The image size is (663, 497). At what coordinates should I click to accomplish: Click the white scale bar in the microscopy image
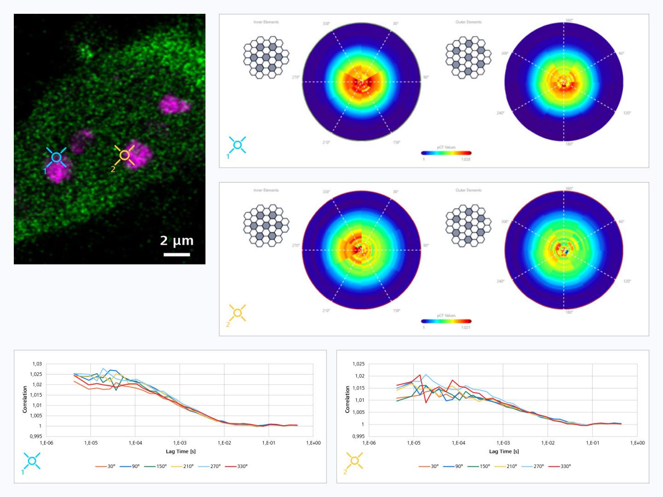[x=177, y=254]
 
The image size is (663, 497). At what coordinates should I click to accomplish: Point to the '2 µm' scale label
[x=177, y=240]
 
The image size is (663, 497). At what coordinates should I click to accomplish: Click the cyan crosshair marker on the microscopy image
[x=56, y=157]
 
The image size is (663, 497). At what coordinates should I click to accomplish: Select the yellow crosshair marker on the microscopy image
[x=124, y=156]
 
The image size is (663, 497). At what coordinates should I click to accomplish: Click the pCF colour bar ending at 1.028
[x=446, y=153]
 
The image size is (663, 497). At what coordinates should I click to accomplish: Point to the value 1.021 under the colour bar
[x=465, y=328]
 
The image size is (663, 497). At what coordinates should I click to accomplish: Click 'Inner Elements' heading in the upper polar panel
[x=266, y=22]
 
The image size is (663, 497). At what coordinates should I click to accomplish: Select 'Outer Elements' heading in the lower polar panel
[x=468, y=190]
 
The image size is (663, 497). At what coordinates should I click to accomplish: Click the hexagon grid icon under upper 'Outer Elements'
[x=468, y=58]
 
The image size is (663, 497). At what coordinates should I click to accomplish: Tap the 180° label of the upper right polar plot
[x=569, y=144]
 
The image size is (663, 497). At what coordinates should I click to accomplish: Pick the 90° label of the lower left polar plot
[x=425, y=246]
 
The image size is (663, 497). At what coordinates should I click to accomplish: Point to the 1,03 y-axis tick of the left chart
[x=37, y=364]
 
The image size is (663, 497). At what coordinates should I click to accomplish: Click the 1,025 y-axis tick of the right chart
[x=359, y=364]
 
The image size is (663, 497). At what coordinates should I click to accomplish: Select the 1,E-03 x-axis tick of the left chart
[x=180, y=443]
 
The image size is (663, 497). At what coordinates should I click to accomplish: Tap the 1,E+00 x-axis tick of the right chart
[x=637, y=443]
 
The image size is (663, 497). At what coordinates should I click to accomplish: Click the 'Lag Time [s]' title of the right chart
[x=504, y=451]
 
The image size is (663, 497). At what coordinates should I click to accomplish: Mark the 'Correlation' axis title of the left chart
[x=25, y=399]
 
